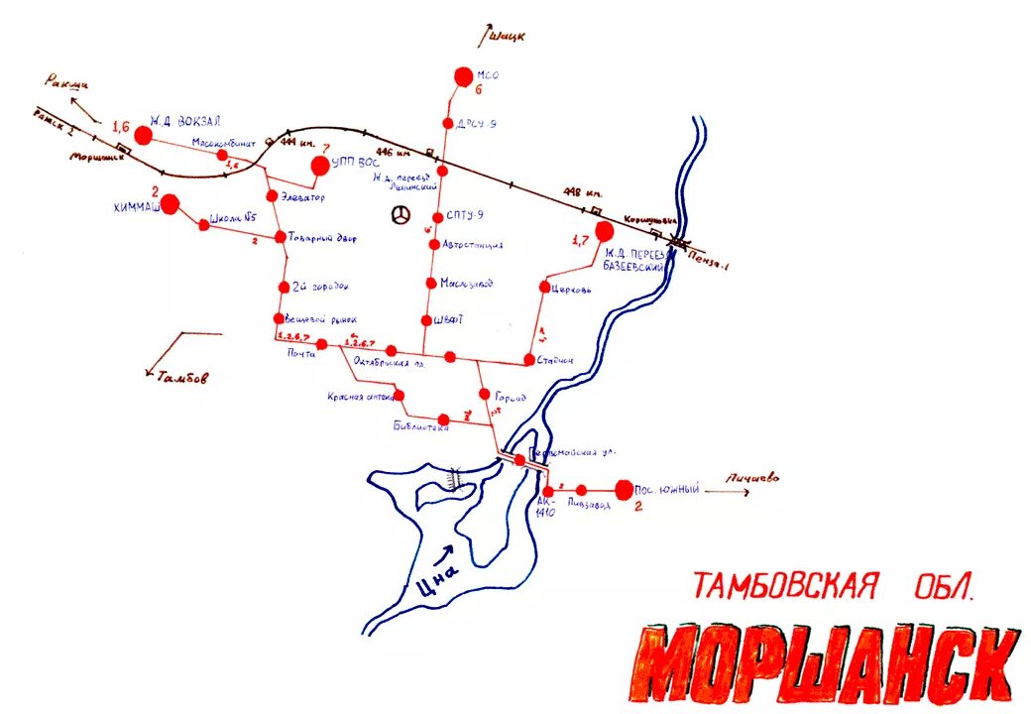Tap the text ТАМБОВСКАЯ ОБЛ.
pyautogui.click(x=834, y=586)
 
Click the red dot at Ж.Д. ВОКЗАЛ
pyautogui.click(x=144, y=136)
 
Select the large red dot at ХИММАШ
pyautogui.click(x=170, y=204)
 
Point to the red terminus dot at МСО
pyautogui.click(x=462, y=76)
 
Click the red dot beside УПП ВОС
pyautogui.click(x=320, y=166)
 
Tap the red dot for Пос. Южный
pyautogui.click(x=624, y=489)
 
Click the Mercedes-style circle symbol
pyautogui.click(x=401, y=215)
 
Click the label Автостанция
pyautogui.click(x=473, y=244)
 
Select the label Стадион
pyautogui.click(x=555, y=360)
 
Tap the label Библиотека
pyautogui.click(x=421, y=427)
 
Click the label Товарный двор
pyautogui.click(x=322, y=239)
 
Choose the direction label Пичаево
pyautogui.click(x=752, y=478)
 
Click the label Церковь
pyautogui.click(x=573, y=290)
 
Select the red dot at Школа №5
pyautogui.click(x=204, y=226)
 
